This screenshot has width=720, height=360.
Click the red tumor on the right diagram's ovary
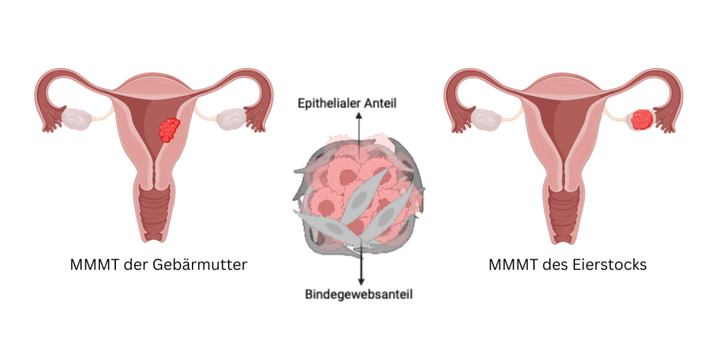pyautogui.click(x=643, y=119)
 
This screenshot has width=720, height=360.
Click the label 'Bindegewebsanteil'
pyautogui.click(x=359, y=295)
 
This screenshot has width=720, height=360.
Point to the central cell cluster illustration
pyautogui.click(x=359, y=195)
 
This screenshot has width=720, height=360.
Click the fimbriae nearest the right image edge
pyautogui.click(x=666, y=120)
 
